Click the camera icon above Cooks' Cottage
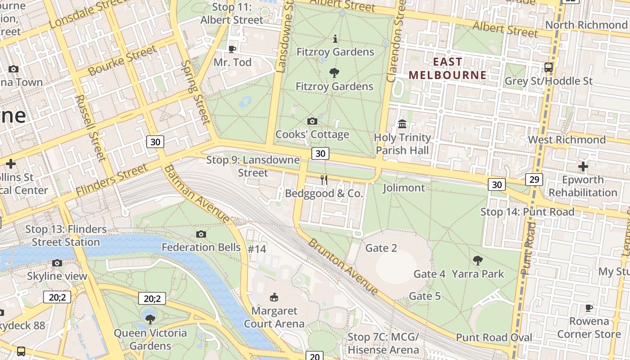click(312, 121)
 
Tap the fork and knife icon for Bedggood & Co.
click(324, 180)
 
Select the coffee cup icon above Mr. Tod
click(232, 49)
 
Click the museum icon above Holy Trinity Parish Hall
click(402, 124)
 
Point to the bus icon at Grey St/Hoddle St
click(548, 68)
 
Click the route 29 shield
click(534, 180)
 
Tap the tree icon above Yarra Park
click(477, 260)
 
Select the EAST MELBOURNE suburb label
click(447, 68)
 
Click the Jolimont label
click(404, 188)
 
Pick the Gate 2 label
click(381, 248)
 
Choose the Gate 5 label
click(424, 296)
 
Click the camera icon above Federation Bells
click(201, 234)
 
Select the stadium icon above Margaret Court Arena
click(274, 297)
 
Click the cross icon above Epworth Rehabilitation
click(583, 166)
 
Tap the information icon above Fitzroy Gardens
click(335, 39)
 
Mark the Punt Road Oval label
click(494, 337)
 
